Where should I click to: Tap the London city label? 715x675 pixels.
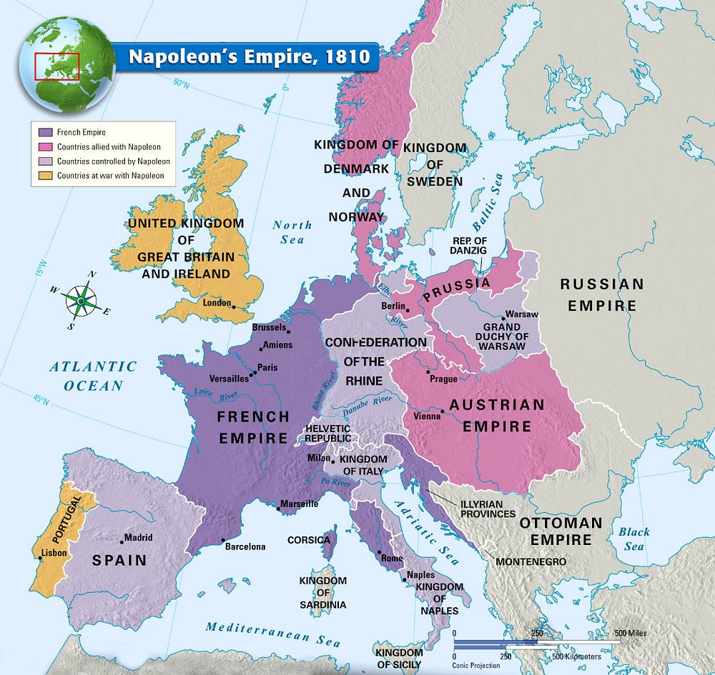coord(217,303)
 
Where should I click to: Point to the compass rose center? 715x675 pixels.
coord(81,301)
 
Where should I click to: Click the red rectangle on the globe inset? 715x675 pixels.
coord(57,66)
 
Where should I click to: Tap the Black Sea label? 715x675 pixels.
coord(633,539)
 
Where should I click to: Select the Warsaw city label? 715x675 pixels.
coord(522,314)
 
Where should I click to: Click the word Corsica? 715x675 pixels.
coord(309,540)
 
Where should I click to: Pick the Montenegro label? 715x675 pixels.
coord(531,561)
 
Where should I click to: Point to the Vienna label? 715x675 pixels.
coord(427,416)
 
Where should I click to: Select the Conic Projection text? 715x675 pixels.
coord(477,666)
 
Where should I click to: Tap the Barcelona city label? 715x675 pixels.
coord(245,546)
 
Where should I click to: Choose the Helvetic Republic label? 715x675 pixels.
coord(327,434)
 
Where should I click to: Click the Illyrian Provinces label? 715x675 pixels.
coord(488,509)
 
